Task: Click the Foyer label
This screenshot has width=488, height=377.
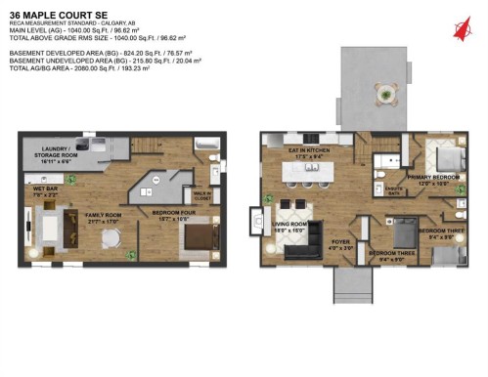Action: (x=341, y=243)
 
